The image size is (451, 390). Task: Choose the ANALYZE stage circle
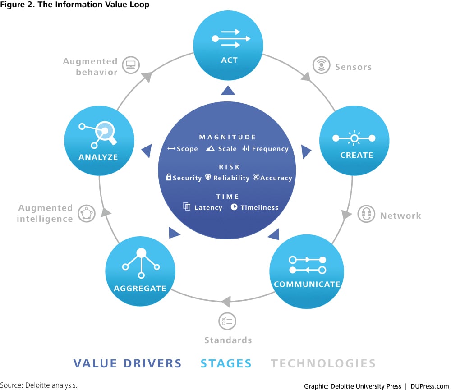click(x=99, y=142)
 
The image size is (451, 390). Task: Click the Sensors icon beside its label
click(x=321, y=65)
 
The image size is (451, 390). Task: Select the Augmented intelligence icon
click(x=86, y=213)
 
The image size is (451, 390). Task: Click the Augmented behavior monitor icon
click(x=131, y=65)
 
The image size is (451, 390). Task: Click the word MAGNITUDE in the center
click(x=228, y=137)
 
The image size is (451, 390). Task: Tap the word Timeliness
click(x=259, y=207)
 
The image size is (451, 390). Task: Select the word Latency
click(x=208, y=207)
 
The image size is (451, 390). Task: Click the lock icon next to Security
click(x=169, y=177)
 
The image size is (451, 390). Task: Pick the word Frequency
click(x=270, y=149)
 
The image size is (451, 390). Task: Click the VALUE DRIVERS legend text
click(x=128, y=363)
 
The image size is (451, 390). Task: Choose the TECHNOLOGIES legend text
click(x=323, y=363)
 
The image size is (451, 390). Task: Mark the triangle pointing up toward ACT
click(x=228, y=92)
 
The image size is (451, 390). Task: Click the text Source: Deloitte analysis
click(x=39, y=385)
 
